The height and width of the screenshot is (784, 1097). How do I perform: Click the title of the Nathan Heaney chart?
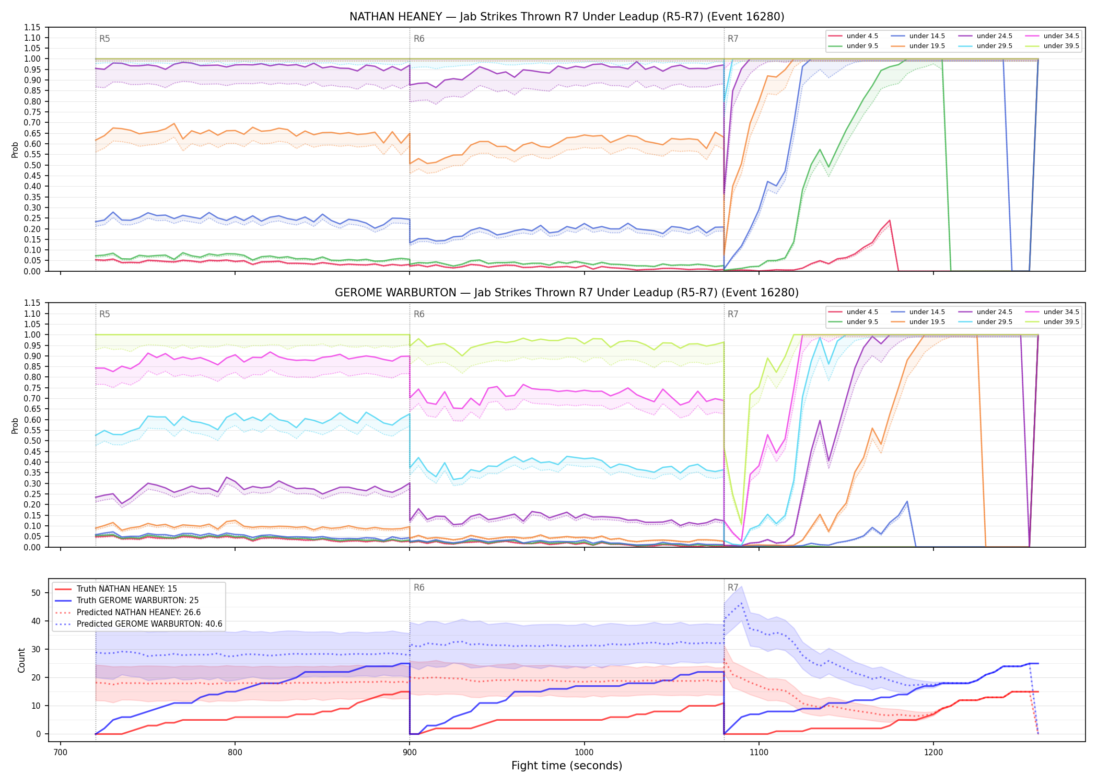pyautogui.click(x=567, y=17)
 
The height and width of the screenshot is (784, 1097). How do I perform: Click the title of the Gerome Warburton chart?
pyautogui.click(x=567, y=293)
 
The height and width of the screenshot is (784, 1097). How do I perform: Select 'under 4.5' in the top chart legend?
pyautogui.click(x=862, y=36)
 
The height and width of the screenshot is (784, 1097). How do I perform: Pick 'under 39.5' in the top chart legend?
pyautogui.click(x=1061, y=46)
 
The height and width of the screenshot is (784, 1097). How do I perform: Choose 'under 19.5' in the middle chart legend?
pyautogui.click(x=927, y=322)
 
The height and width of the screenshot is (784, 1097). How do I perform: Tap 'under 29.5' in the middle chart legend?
pyautogui.click(x=994, y=322)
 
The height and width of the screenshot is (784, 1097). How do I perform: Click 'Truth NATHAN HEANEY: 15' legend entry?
pyautogui.click(x=127, y=589)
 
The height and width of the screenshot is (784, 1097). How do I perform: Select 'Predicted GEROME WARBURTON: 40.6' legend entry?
pyautogui.click(x=149, y=624)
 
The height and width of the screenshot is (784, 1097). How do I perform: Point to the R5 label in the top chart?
pyautogui.click(x=104, y=39)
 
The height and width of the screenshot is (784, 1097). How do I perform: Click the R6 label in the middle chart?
pyautogui.click(x=419, y=314)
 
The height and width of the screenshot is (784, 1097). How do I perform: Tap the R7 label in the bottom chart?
pyautogui.click(x=733, y=587)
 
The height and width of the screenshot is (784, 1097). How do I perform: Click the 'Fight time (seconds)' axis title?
pyautogui.click(x=567, y=766)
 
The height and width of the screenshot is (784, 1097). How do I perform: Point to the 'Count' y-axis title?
pyautogui.click(x=21, y=660)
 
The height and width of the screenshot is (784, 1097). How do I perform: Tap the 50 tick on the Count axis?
pyautogui.click(x=36, y=593)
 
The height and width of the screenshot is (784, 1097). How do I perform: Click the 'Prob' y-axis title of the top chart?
pyautogui.click(x=15, y=150)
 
